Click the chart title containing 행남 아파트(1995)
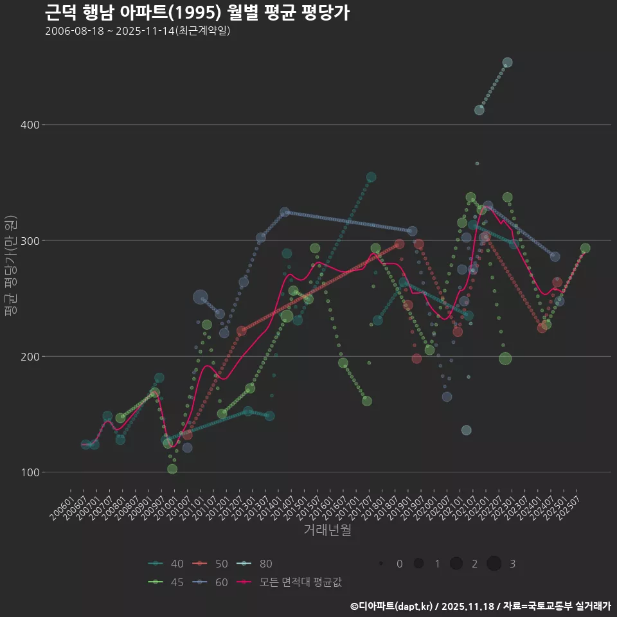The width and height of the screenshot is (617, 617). click(x=197, y=12)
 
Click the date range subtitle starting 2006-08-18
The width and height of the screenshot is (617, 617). click(x=138, y=31)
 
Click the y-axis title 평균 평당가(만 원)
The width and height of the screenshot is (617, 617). click(x=10, y=265)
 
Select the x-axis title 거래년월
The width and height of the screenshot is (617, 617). click(x=327, y=530)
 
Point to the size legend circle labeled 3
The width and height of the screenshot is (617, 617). click(x=494, y=564)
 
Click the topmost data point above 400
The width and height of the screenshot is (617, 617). click(x=507, y=62)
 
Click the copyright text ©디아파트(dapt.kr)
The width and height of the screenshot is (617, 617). click(x=392, y=606)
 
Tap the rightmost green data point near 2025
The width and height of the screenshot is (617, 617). click(x=585, y=249)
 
